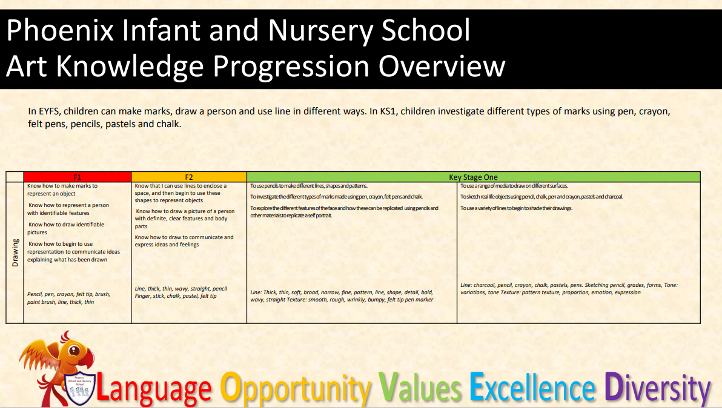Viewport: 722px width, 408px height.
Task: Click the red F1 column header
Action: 78,177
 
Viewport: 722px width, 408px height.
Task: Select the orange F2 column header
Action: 189,177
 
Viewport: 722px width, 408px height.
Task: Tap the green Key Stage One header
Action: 473,177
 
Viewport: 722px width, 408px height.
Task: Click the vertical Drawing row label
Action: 15,252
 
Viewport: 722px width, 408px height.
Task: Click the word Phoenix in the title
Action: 61,31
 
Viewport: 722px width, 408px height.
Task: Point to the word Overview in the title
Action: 442,66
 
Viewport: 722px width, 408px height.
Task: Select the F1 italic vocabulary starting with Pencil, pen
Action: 68,298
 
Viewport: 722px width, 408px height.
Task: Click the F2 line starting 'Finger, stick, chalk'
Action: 176,296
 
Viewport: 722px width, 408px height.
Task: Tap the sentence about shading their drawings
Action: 517,208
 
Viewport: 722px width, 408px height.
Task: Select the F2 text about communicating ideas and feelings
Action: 184,241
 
